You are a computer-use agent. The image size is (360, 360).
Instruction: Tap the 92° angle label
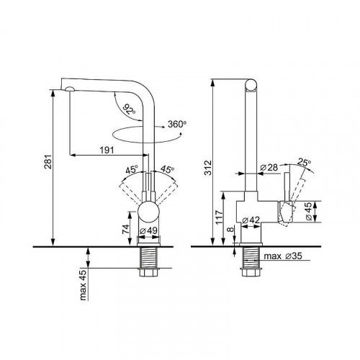click(129, 109)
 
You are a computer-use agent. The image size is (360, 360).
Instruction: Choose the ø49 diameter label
click(150, 231)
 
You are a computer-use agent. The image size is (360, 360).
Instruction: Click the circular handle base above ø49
click(149, 214)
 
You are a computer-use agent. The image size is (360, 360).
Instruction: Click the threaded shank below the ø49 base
click(149, 259)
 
